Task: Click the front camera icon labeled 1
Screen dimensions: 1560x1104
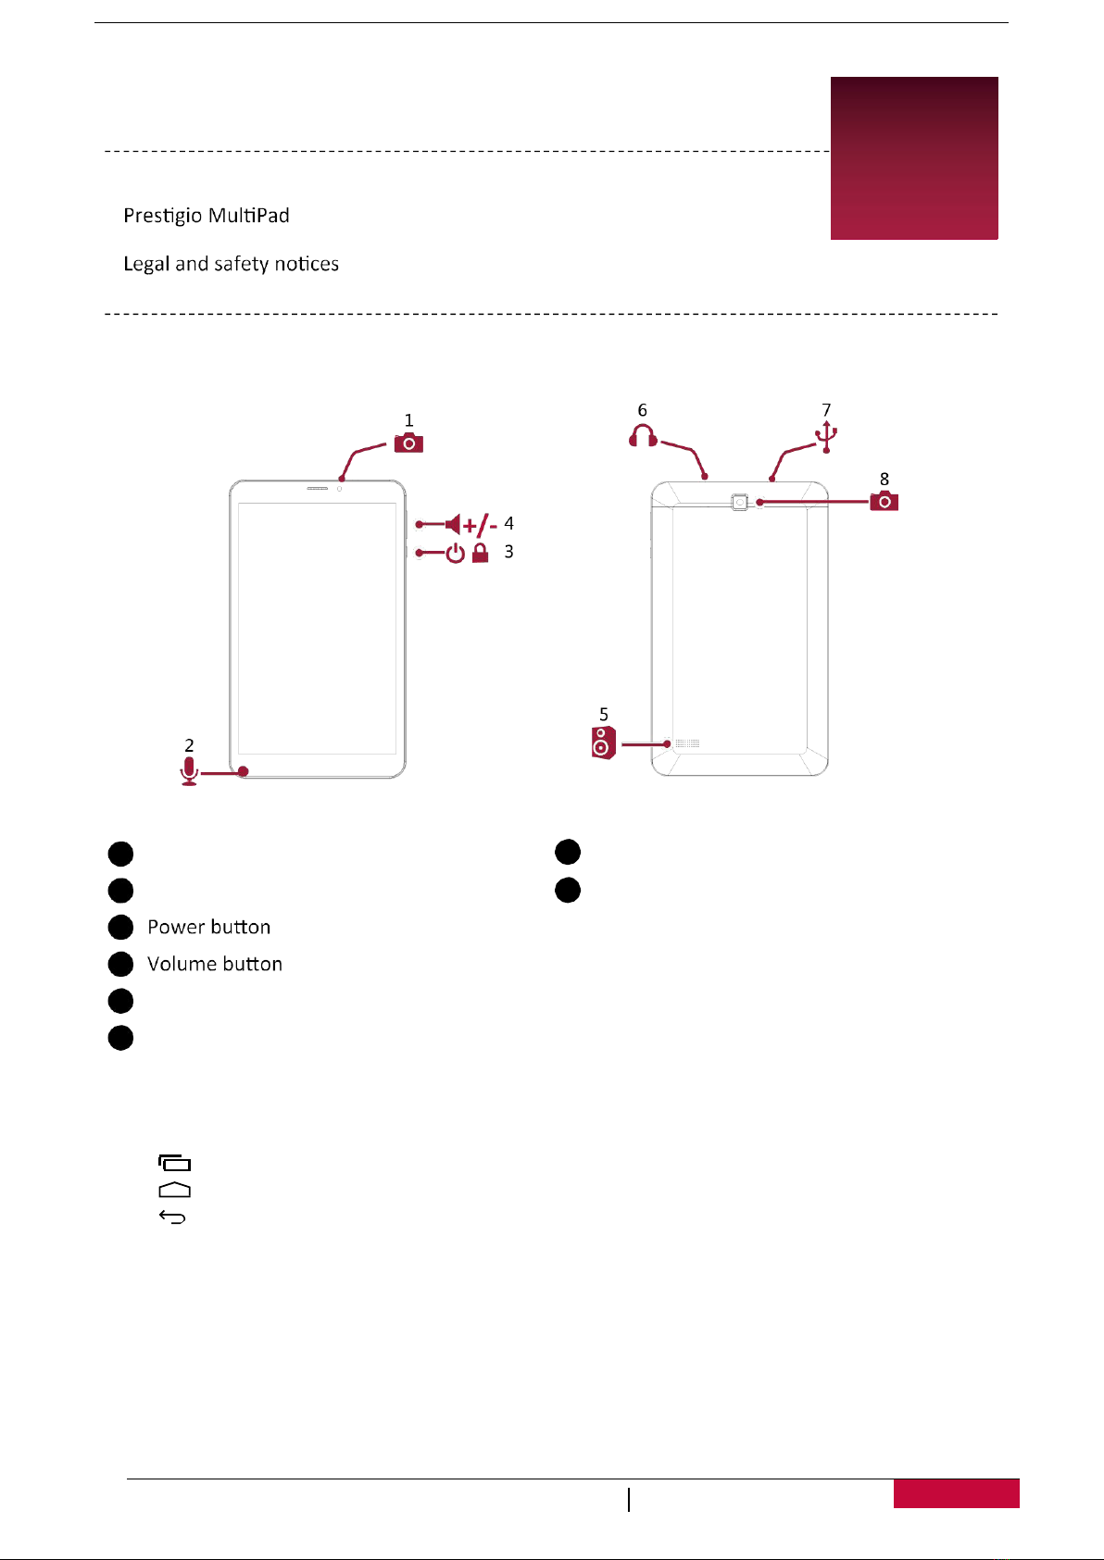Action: [408, 443]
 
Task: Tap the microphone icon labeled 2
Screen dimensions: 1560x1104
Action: [189, 770]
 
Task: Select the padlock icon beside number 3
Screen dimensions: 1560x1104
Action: [480, 554]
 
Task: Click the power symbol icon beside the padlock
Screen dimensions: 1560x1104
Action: [455, 555]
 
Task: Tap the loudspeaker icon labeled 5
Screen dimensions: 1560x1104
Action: [603, 743]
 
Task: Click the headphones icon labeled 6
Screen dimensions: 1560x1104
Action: [643, 436]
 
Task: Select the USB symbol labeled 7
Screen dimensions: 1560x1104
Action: [826, 437]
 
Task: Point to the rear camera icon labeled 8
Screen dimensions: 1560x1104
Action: [884, 501]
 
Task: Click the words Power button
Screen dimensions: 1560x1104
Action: [209, 927]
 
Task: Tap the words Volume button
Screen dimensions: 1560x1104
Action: [215, 964]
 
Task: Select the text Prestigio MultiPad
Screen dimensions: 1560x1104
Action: [207, 216]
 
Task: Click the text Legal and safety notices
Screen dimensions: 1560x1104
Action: [232, 264]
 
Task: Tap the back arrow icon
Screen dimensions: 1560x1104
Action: [173, 1217]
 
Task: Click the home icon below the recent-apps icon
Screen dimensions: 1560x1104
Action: [174, 1190]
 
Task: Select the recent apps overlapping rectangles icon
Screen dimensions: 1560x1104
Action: [174, 1163]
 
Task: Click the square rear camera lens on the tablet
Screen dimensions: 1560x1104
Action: [739, 502]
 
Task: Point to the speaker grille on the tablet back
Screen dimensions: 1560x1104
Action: [686, 743]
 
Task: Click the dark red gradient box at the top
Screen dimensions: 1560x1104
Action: [914, 158]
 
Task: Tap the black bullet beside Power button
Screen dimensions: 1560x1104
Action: [120, 927]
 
